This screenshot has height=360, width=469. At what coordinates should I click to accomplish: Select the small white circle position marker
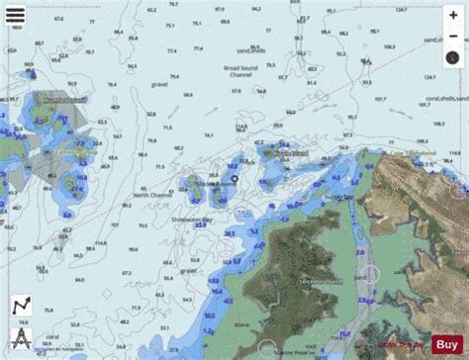(x=234, y=179)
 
